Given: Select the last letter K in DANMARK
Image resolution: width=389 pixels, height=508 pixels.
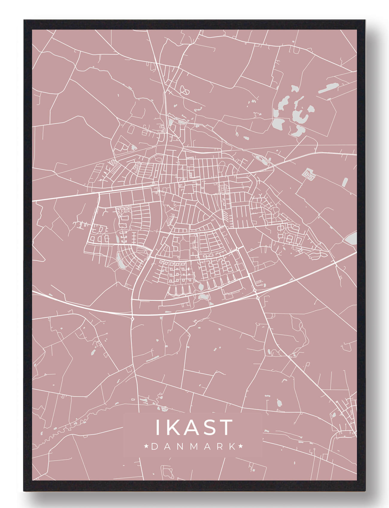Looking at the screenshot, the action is click(x=232, y=447).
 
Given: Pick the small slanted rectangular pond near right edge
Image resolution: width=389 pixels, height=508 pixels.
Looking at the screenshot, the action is click(x=345, y=182).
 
